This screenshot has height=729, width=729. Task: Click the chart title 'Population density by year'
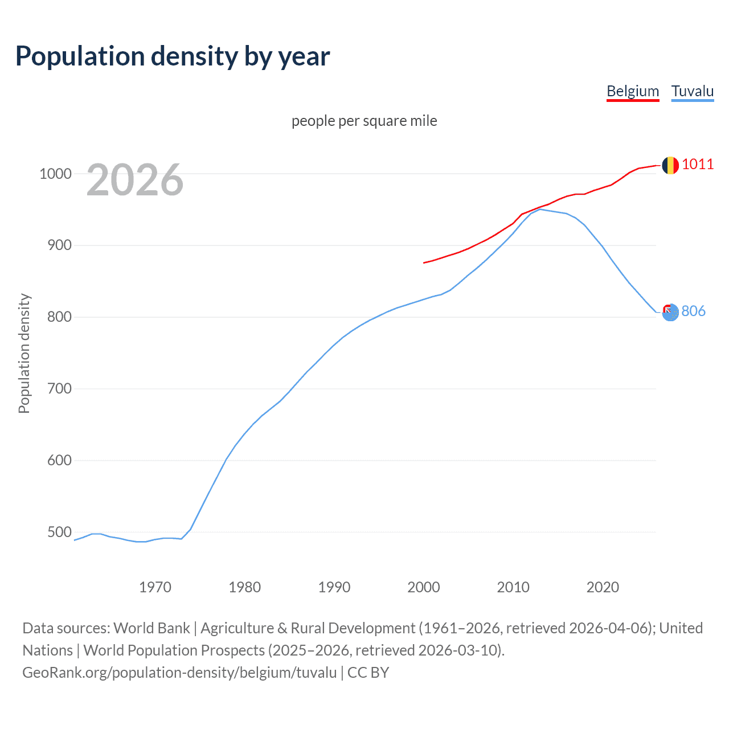point(173,56)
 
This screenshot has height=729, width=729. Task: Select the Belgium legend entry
point(633,91)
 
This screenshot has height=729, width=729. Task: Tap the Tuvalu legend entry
point(692,91)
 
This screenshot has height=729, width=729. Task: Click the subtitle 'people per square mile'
point(364,121)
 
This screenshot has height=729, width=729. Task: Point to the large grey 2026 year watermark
point(135,180)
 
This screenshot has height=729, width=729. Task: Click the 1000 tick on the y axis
point(55,174)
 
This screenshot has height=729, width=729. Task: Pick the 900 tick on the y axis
point(59,245)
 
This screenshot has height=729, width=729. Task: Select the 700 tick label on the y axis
point(59,389)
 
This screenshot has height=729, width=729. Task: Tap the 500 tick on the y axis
point(59,532)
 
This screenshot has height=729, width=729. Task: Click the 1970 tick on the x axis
point(155,587)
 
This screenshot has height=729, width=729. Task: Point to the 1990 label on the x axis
point(334,587)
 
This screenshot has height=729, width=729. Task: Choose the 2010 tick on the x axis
point(513,587)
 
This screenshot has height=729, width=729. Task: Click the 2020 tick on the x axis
point(603,587)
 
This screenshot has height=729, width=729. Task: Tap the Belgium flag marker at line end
point(670,165)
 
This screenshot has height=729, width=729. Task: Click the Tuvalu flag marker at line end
point(670,312)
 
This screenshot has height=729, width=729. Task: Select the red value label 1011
point(698,165)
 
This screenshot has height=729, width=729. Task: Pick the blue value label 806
point(693,311)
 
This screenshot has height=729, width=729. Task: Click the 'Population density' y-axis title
point(24,353)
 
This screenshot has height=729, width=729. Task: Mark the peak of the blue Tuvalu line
point(540,209)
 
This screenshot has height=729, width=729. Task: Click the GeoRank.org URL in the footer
point(179,672)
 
